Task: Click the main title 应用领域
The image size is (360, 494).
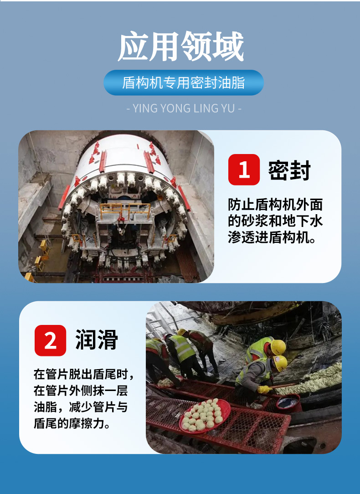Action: tap(181, 46)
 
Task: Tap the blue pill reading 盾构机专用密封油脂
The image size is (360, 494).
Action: tap(183, 83)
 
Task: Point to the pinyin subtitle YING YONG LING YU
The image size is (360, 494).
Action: tap(183, 108)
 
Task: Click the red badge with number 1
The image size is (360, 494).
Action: tap(244, 170)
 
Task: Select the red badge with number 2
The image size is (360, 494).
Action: tap(50, 340)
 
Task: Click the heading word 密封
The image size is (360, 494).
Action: tap(289, 170)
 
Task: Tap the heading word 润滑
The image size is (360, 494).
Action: tap(97, 340)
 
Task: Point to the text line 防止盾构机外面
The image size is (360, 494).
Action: tap(275, 205)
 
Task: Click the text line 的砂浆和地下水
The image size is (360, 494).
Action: tap(275, 221)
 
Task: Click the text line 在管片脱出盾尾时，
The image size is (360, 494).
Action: tap(83, 375)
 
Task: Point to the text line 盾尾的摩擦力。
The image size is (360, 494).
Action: tap(72, 423)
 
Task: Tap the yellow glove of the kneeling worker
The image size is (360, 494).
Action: tap(264, 390)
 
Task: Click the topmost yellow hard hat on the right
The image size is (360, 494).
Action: tap(278, 347)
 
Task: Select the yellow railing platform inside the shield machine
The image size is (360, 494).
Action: tap(125, 211)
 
